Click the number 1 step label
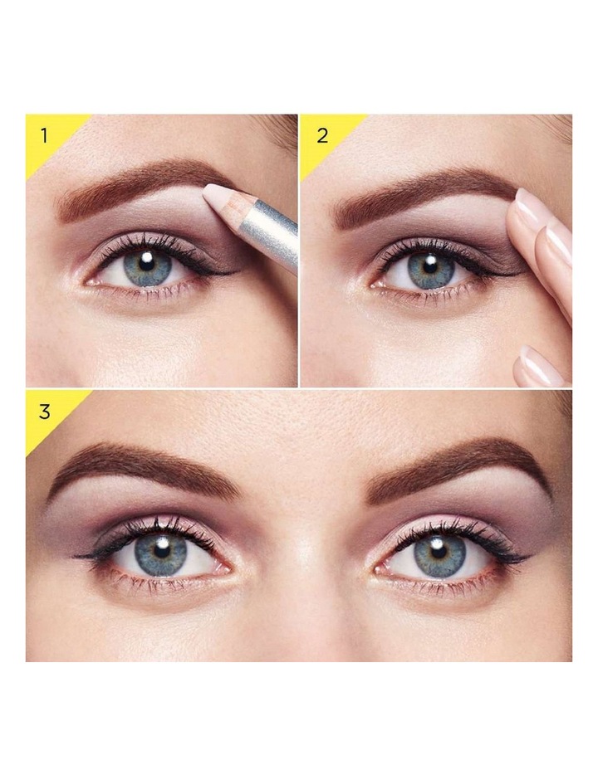point(45,135)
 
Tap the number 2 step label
point(322,136)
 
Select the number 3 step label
point(44,412)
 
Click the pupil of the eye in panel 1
point(146,261)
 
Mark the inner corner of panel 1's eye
point(87,282)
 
